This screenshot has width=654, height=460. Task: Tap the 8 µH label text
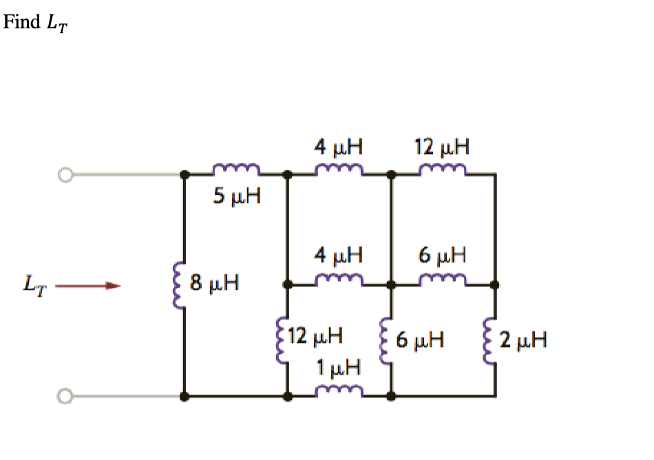pyautogui.click(x=214, y=283)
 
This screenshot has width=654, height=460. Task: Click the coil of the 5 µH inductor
pyautogui.click(x=236, y=170)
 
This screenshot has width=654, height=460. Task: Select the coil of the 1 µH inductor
pyautogui.click(x=339, y=393)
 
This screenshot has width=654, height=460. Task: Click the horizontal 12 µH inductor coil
pyautogui.click(x=442, y=170)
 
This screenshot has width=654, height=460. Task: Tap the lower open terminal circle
pyautogui.click(x=65, y=396)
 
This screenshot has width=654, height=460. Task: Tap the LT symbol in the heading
pyautogui.click(x=57, y=24)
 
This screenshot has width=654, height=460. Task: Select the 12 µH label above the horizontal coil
pyautogui.click(x=442, y=147)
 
